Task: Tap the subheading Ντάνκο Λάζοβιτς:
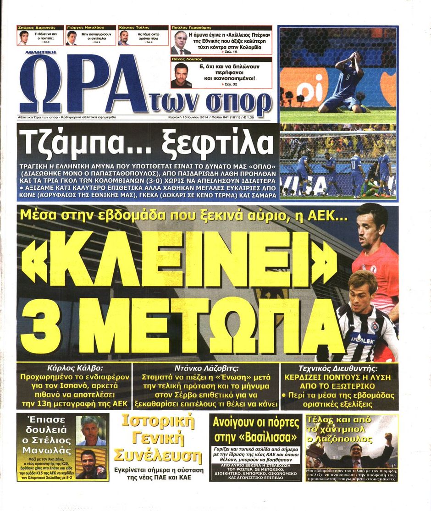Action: (206, 368)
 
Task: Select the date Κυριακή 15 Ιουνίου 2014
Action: (188, 117)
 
